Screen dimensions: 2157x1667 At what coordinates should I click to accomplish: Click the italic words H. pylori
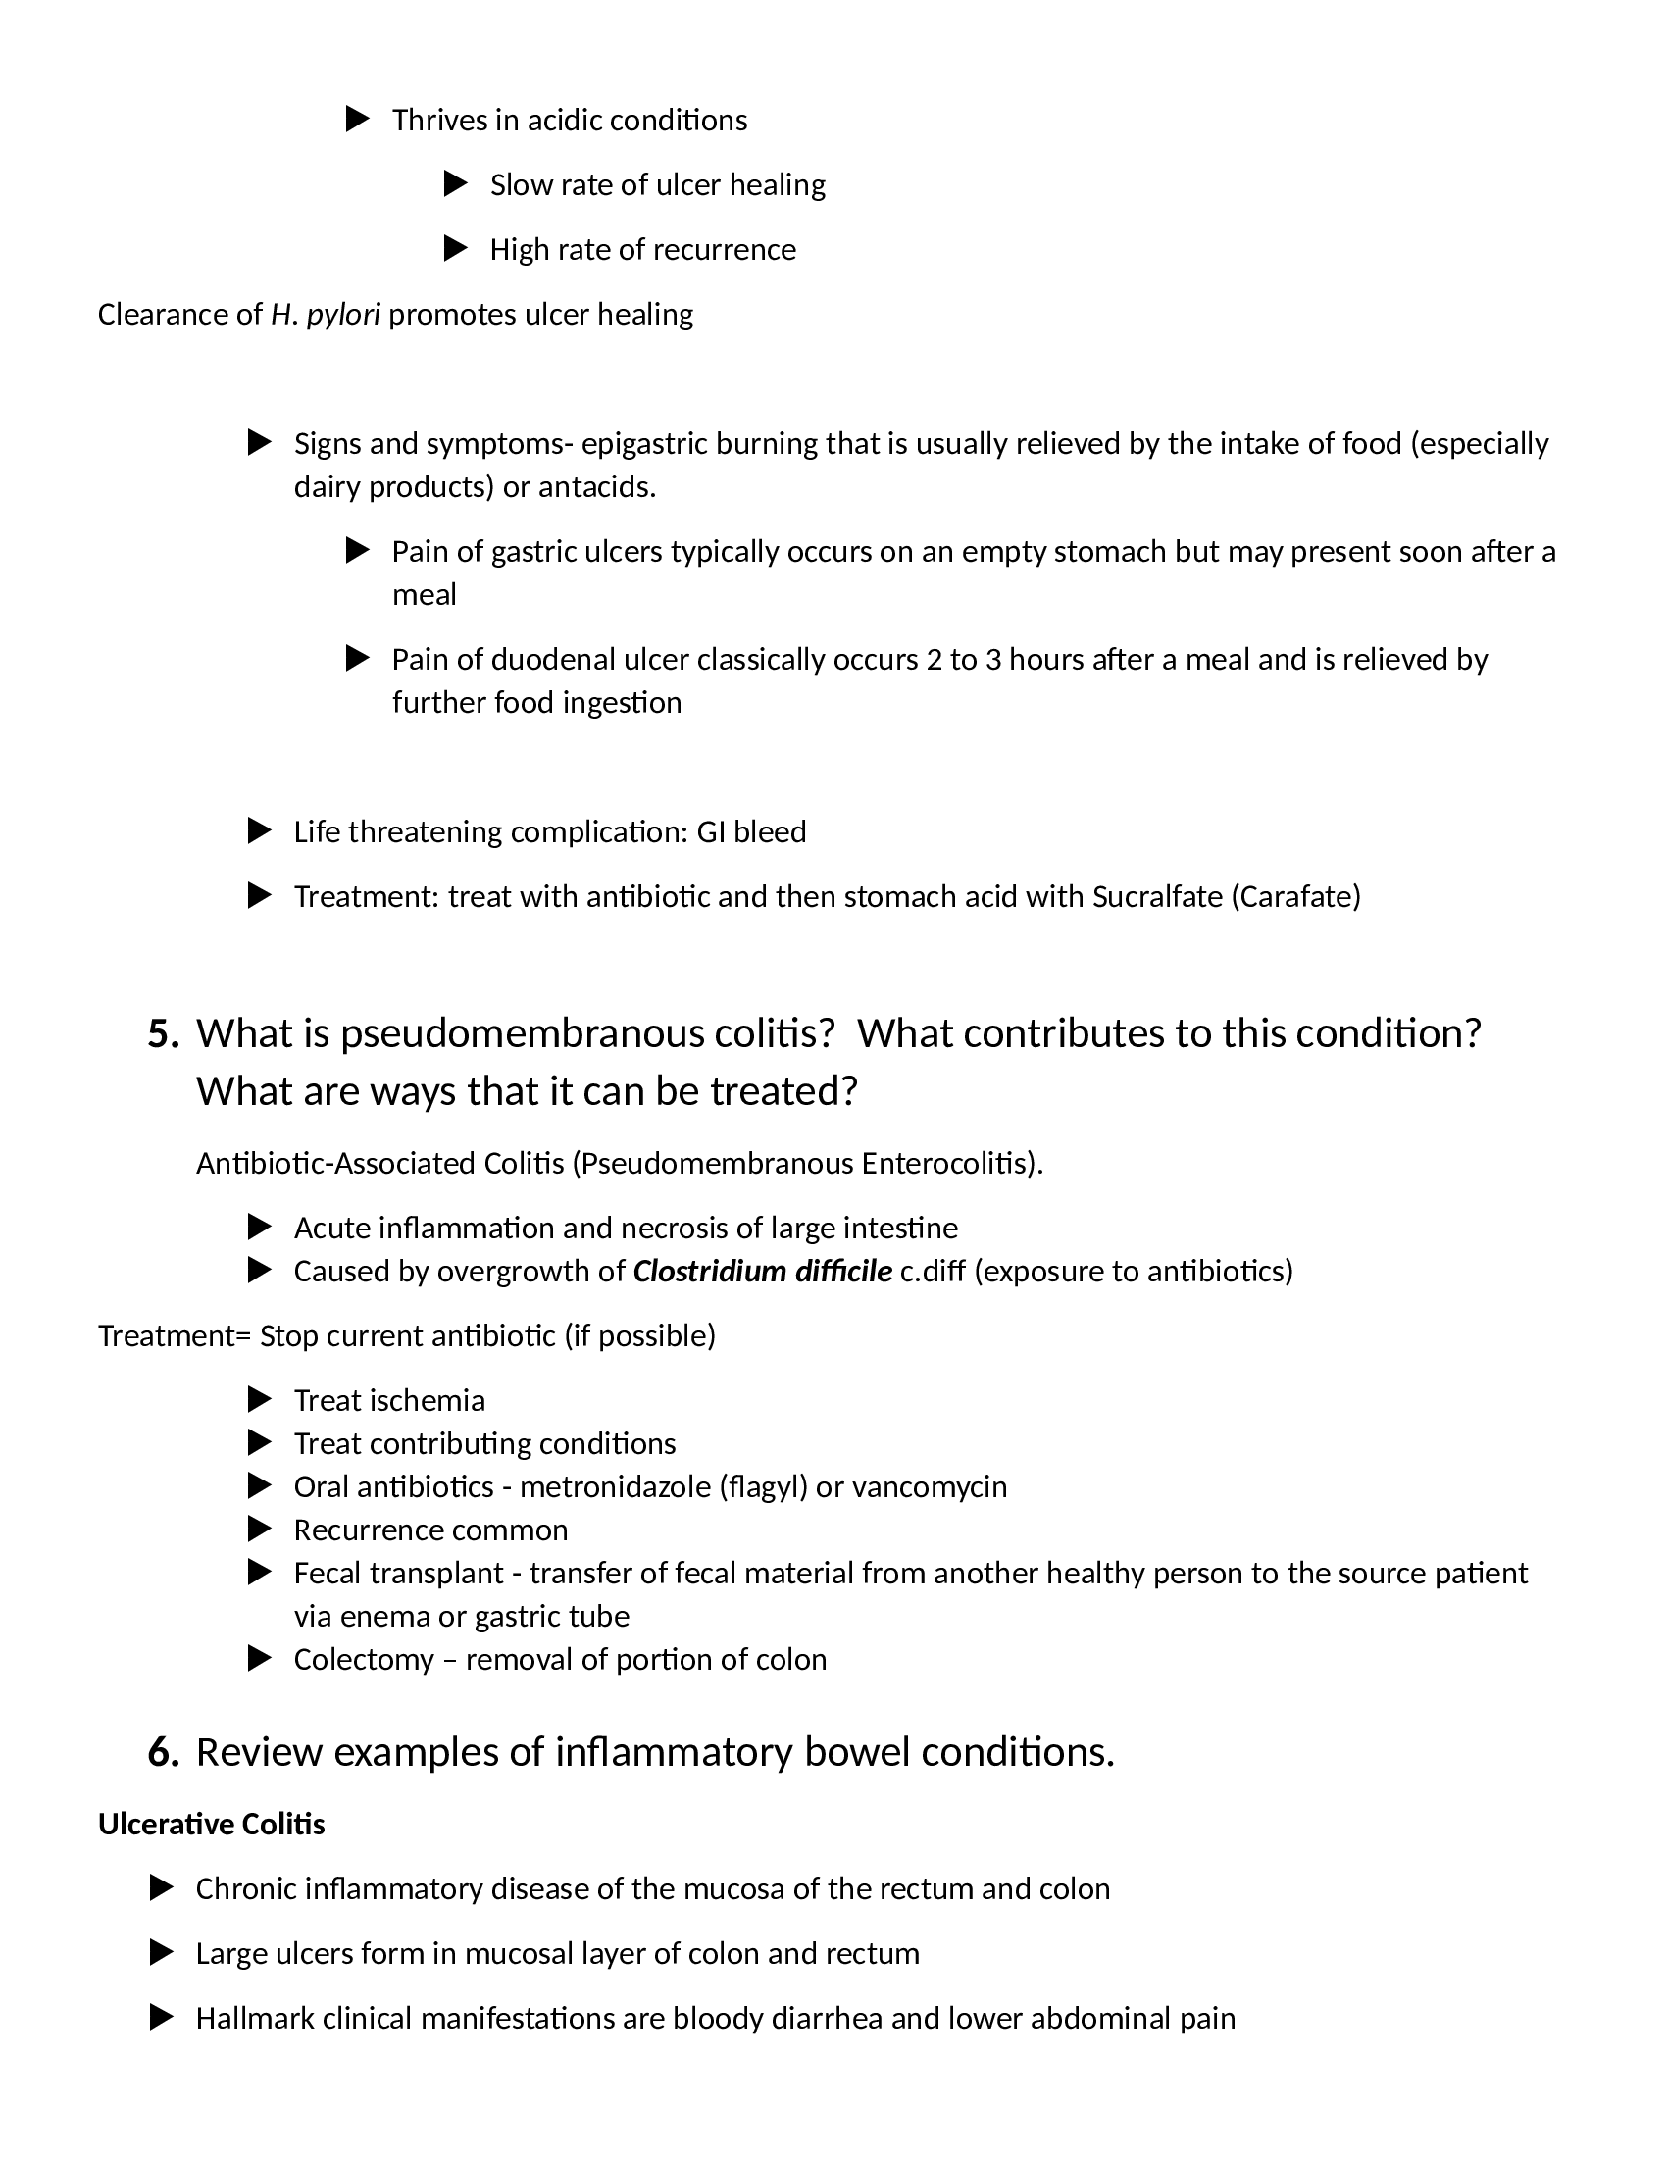325,314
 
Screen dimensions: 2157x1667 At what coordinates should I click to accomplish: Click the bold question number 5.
163,1034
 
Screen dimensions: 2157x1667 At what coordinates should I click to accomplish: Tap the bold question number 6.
163,1752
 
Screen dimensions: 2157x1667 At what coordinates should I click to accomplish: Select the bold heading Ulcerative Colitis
212,1825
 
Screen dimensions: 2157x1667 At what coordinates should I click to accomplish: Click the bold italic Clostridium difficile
762,1271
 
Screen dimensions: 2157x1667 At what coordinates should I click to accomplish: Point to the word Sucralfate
1156,897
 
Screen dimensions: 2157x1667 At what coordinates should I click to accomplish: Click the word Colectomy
364,1659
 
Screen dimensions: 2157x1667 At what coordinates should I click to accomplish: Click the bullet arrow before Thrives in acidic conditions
358,120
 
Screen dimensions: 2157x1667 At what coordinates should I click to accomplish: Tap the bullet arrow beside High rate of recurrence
455,249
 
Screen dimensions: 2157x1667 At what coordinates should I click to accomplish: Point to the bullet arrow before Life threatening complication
259,831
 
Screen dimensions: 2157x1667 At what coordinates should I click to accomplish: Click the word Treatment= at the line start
175,1336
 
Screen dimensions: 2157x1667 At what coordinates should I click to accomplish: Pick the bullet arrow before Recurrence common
259,1530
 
